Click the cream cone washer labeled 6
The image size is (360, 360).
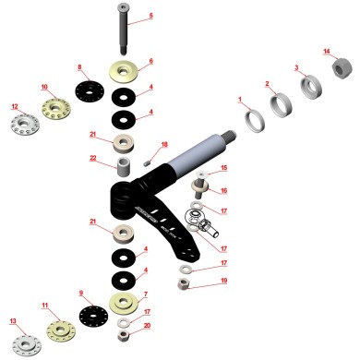pos(124,72)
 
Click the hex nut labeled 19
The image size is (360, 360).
pos(182,284)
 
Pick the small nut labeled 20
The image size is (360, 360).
pos(124,335)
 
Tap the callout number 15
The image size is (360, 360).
pos(223,169)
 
